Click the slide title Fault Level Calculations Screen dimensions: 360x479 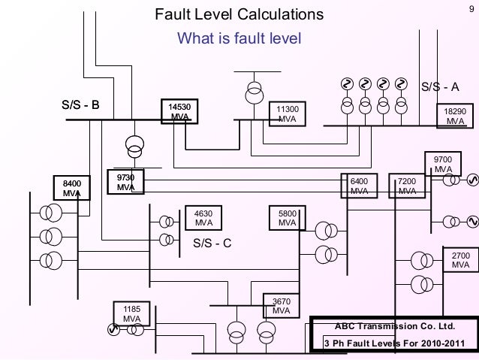(239, 14)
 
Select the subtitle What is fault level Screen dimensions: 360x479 (238, 38)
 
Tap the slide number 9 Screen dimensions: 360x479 (467, 8)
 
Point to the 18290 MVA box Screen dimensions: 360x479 (455, 115)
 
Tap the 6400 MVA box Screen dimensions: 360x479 (360, 186)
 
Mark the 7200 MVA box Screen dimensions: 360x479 (407, 186)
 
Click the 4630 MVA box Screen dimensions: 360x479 (203, 218)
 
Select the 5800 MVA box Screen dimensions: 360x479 (287, 218)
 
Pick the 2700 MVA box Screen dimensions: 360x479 (460, 261)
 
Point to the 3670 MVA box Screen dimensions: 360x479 (281, 307)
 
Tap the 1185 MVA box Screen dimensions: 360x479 (131, 313)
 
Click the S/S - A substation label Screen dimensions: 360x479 (438, 86)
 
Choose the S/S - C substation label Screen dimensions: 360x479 (212, 243)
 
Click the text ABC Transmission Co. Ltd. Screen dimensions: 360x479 (394, 328)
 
